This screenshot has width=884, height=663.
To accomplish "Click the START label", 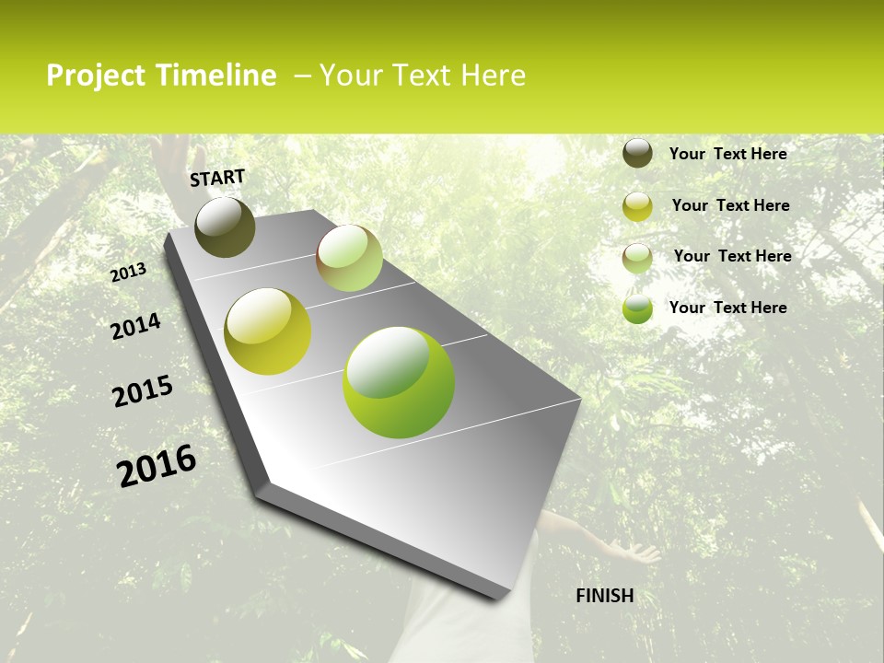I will pyautogui.click(x=217, y=178).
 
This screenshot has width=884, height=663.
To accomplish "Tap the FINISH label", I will pyautogui.click(x=605, y=596).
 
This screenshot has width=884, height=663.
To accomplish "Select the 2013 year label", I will pyautogui.click(x=129, y=273).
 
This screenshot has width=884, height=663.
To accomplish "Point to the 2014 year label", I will pyautogui.click(x=135, y=327).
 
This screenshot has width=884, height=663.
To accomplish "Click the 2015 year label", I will pyautogui.click(x=143, y=391).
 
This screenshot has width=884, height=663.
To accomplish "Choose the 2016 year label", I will pyautogui.click(x=157, y=465).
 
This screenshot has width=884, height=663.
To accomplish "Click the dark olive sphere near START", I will pyautogui.click(x=225, y=227).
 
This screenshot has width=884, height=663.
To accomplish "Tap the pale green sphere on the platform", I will pyautogui.click(x=349, y=258).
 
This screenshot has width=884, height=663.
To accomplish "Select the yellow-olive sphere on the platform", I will pyautogui.click(x=268, y=331).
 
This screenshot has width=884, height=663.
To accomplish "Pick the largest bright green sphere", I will pyautogui.click(x=399, y=382).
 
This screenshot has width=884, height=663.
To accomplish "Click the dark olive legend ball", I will pyautogui.click(x=637, y=153).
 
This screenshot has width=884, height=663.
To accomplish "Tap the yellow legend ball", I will pyautogui.click(x=637, y=206).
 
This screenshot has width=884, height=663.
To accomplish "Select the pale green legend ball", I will pyautogui.click(x=637, y=258).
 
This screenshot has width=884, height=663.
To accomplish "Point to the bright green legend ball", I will pyautogui.click(x=637, y=308).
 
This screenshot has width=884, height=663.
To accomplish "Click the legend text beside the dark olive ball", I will pyautogui.click(x=727, y=154).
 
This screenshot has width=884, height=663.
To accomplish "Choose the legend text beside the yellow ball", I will pyautogui.click(x=730, y=205).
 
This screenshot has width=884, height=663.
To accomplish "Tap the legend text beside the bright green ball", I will pyautogui.click(x=727, y=308).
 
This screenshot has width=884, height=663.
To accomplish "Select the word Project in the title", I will pyautogui.click(x=96, y=76).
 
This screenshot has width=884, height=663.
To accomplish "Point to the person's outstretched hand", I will pyautogui.click(x=642, y=552).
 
